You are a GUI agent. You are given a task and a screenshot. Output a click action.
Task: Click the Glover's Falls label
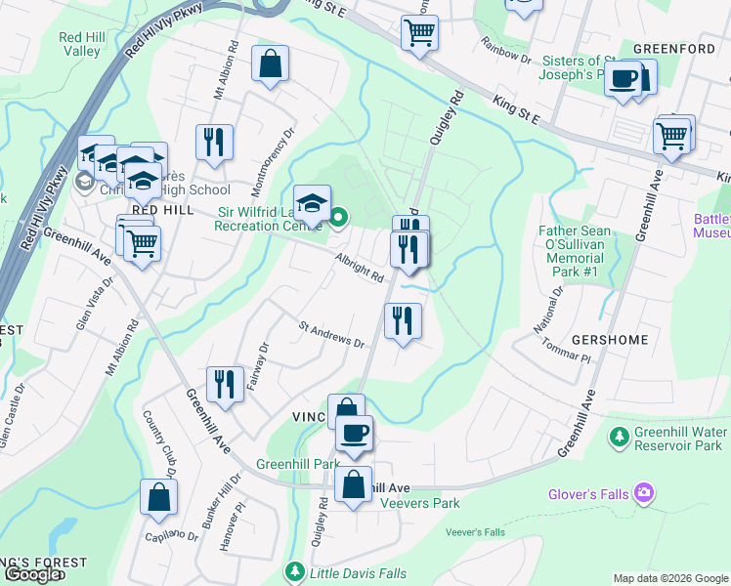point(588,494)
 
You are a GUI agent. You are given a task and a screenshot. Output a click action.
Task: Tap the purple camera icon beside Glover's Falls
point(643,493)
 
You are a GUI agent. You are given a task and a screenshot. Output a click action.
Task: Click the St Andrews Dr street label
point(331,336)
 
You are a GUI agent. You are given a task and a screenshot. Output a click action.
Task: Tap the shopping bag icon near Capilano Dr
point(158,497)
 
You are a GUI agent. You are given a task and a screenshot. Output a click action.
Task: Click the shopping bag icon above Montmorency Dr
point(271,65)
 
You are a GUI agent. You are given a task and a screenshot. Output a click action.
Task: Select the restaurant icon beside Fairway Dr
point(225,385)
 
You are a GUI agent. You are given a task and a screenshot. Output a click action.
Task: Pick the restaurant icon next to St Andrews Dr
point(403,320)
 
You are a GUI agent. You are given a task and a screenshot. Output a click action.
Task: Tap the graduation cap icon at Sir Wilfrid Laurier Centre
point(313,203)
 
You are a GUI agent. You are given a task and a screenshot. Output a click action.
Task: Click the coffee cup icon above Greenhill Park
point(354,432)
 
